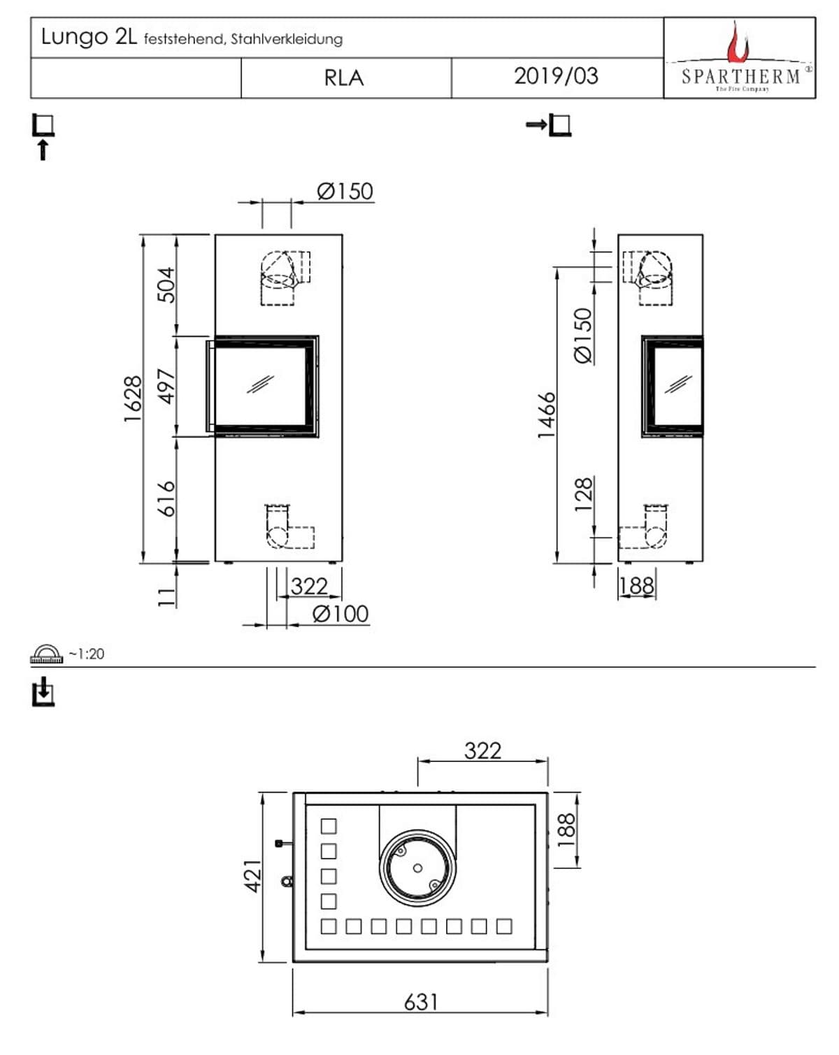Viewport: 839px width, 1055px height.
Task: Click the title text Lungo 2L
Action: coord(88,36)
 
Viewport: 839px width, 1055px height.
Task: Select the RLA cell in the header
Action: coord(344,78)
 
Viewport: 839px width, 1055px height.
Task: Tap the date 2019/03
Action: coord(556,76)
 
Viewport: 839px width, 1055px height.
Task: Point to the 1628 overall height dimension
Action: coord(133,399)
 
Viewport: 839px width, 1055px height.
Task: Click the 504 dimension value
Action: coord(166,285)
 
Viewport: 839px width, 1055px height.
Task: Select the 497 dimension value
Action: coord(166,386)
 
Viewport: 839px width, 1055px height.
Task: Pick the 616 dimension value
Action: coord(166,498)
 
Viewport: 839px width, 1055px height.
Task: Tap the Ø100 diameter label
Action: coord(340,614)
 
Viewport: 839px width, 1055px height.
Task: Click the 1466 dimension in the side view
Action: coord(547,415)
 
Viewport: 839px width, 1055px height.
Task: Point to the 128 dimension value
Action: coord(583,494)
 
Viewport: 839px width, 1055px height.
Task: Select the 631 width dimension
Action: coord(421,1002)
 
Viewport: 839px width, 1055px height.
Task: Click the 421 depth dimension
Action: coord(252,875)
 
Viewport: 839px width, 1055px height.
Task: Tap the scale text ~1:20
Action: coord(87,654)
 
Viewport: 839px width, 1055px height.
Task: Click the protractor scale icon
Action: coord(46,654)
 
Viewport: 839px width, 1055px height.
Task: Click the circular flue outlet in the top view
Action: coord(417,868)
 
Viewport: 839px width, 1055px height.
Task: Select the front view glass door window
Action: coord(261,385)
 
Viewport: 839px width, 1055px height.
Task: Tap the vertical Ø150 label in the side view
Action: coord(583,336)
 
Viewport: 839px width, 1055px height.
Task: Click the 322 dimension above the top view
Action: coord(483,750)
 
